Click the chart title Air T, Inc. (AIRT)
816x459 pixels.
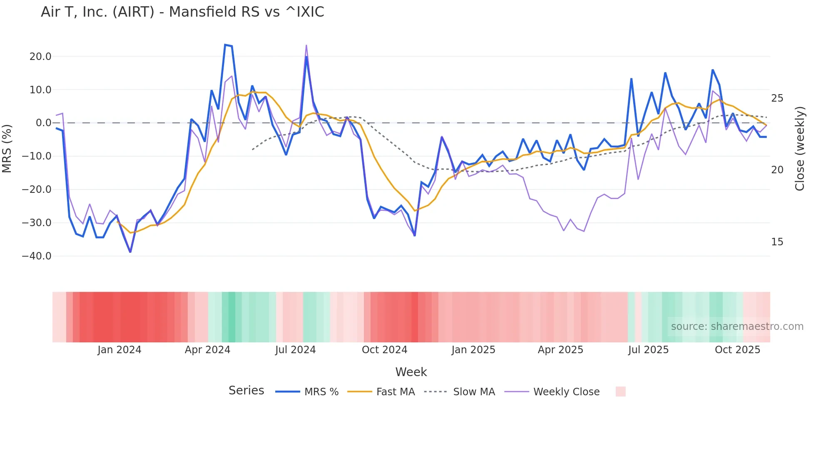coord(182,12)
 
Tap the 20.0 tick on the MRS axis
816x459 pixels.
coord(40,57)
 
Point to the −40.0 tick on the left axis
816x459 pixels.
coord(37,256)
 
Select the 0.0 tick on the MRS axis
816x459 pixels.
coord(43,123)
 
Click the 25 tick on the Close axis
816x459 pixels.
coord(777,98)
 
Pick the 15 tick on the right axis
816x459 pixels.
coord(777,242)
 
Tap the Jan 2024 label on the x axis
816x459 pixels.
coord(119,350)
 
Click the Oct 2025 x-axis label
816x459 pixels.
coord(737,350)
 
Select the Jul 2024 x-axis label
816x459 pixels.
coord(295,350)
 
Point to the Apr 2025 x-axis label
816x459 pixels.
coord(560,350)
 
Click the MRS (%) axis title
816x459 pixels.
coord(7,148)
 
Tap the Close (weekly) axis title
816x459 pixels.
coord(800,149)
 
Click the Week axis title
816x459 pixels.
coord(411,372)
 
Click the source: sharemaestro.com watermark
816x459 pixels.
coord(737,327)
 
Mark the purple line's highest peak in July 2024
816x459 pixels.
coord(306,45)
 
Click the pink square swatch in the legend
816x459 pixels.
coord(620,392)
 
